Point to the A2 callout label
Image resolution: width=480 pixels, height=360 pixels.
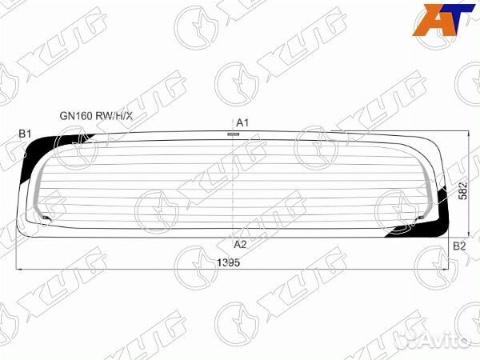240,244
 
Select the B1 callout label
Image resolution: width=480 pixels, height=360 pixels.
25,133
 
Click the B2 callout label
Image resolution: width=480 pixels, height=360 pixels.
458,246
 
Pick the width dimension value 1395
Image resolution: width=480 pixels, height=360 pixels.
229,263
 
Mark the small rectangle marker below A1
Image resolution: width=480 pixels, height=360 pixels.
233,134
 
